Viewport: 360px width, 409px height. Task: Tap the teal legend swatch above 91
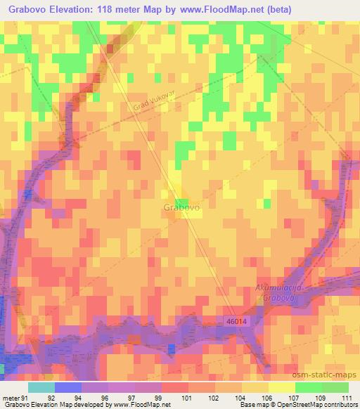pos(41,387)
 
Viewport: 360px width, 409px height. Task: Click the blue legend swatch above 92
pos(67,387)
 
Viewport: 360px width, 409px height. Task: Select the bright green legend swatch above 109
pos(308,387)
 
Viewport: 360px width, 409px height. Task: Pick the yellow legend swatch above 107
pos(281,387)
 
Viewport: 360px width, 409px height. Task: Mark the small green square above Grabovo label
pos(181,183)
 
